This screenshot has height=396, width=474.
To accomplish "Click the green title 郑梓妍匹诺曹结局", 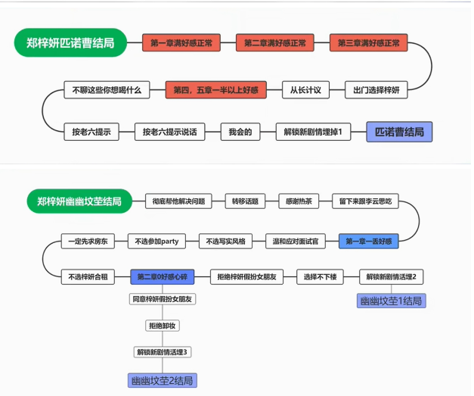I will (x=71, y=43).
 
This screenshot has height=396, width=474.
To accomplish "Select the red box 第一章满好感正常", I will (x=181, y=43).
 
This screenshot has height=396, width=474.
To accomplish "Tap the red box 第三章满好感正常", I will (x=368, y=43).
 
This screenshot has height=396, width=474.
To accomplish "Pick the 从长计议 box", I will (x=306, y=90).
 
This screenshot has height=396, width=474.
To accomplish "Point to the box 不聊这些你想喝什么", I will (x=107, y=90).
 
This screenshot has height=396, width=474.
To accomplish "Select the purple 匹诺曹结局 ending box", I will (x=399, y=132).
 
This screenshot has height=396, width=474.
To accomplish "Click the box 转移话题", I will (x=246, y=201).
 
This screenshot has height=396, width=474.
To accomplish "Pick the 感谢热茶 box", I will (x=298, y=201).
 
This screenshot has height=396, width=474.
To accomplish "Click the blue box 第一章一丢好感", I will (x=370, y=242).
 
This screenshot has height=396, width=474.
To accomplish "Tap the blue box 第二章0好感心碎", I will (x=163, y=277).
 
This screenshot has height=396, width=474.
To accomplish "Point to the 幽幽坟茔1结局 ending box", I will (x=391, y=301).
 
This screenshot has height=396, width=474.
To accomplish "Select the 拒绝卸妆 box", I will (x=163, y=326).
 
